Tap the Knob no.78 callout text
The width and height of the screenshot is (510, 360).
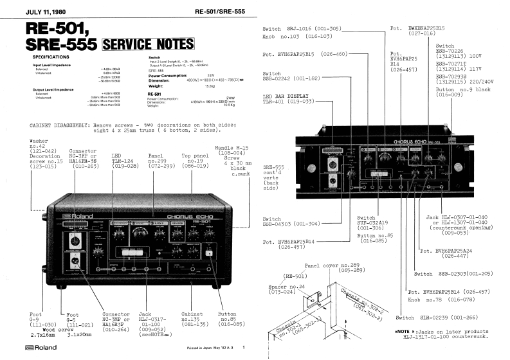click(x=444, y=299)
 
